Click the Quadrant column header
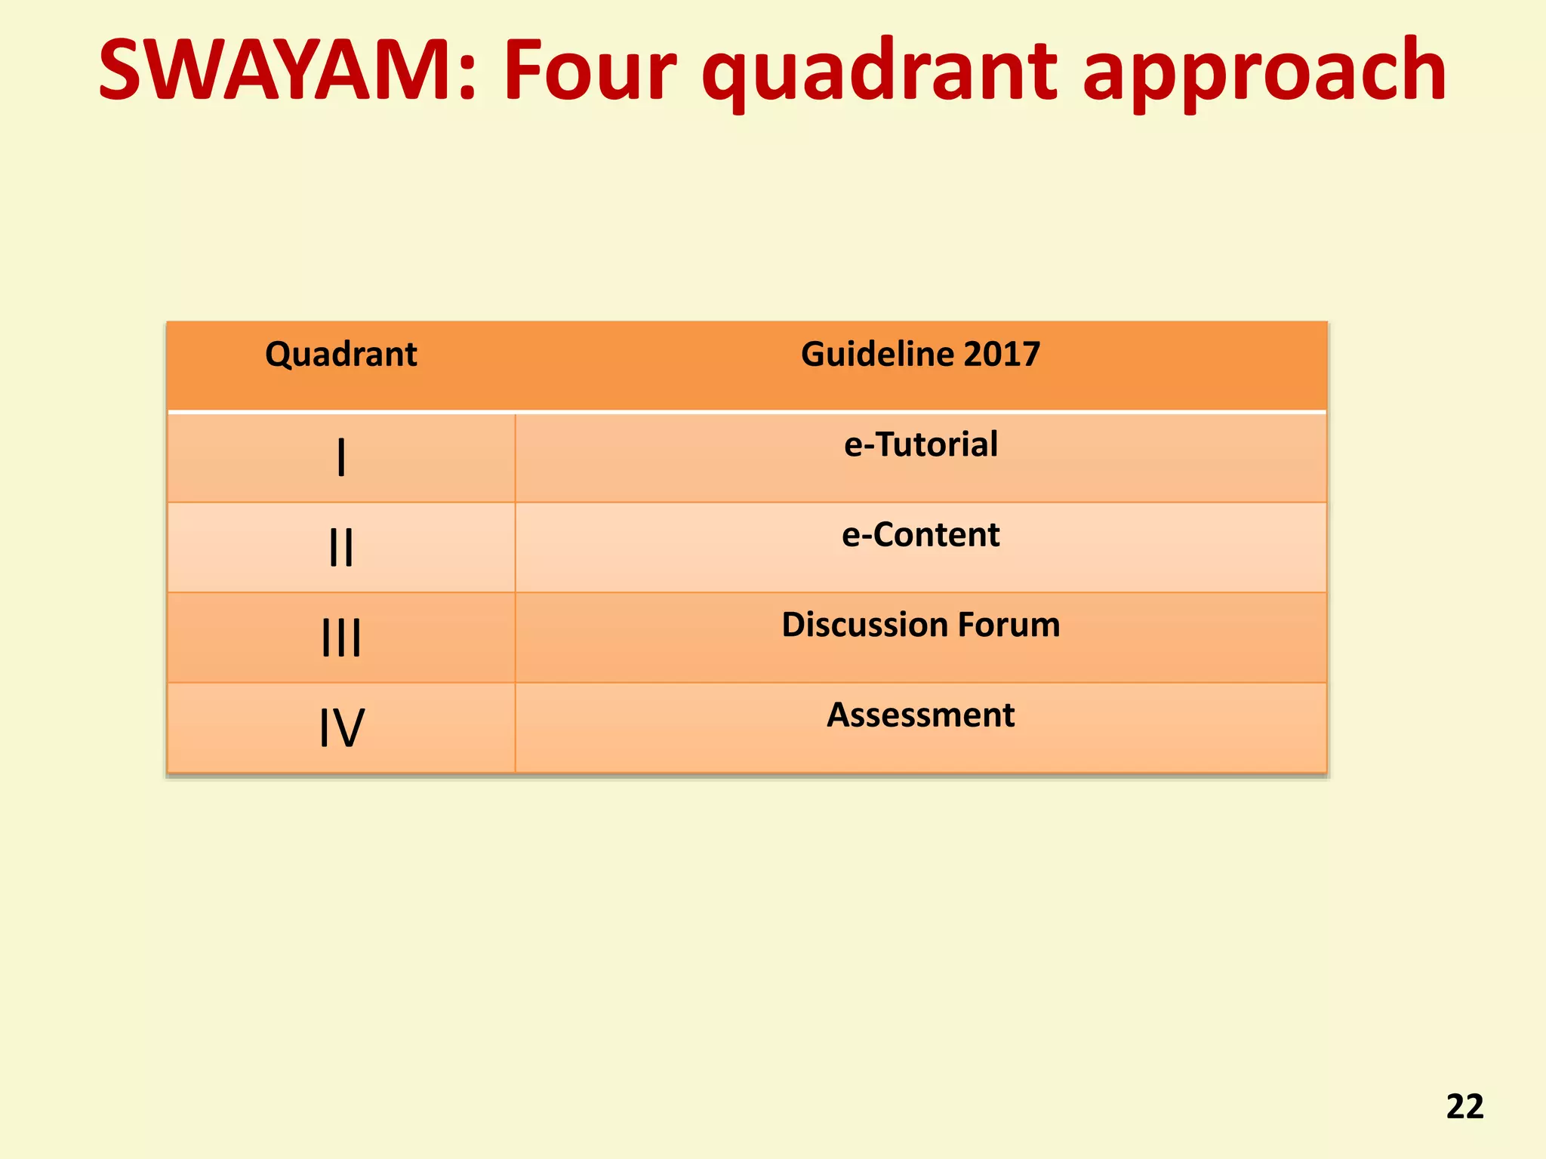click(341, 355)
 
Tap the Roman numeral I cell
click(341, 458)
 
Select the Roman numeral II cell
click(341, 548)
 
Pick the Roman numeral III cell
click(341, 638)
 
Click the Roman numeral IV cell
click(341, 728)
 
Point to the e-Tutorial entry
click(920, 444)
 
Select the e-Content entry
click(920, 535)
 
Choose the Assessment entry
click(920, 715)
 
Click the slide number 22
click(1464, 1106)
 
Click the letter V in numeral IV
click(350, 728)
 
